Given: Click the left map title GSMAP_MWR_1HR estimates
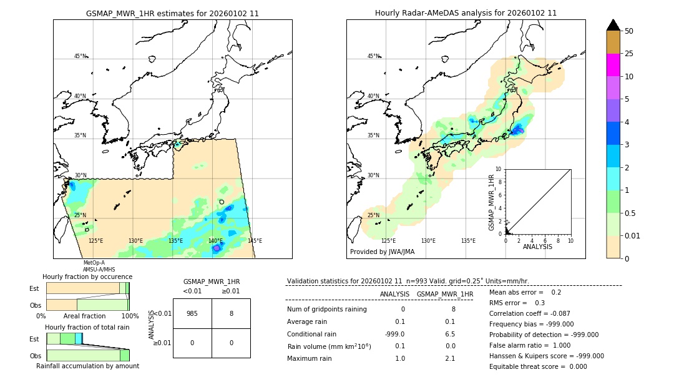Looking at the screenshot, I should [x=172, y=13].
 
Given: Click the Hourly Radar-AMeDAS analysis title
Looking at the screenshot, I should [x=466, y=13].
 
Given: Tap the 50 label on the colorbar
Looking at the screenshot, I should [x=629, y=31].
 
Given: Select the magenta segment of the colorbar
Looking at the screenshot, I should [x=613, y=65].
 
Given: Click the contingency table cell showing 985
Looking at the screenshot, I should [x=192, y=314].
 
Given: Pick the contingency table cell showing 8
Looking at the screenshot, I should [x=231, y=314].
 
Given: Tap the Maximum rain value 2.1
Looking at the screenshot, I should [x=449, y=359].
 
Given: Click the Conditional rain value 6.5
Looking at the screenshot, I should [x=449, y=334].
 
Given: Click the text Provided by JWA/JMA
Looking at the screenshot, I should [x=382, y=252].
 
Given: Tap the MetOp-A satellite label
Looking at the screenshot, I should [x=94, y=263].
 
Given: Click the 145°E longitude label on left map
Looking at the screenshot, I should [x=255, y=241].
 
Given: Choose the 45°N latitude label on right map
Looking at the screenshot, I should [x=373, y=56].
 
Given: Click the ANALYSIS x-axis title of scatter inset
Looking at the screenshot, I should [x=538, y=247].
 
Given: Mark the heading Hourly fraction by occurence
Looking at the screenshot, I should [x=87, y=277].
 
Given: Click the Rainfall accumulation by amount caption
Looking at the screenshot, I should [x=87, y=366].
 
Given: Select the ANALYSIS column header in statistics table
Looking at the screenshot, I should [x=394, y=294].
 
